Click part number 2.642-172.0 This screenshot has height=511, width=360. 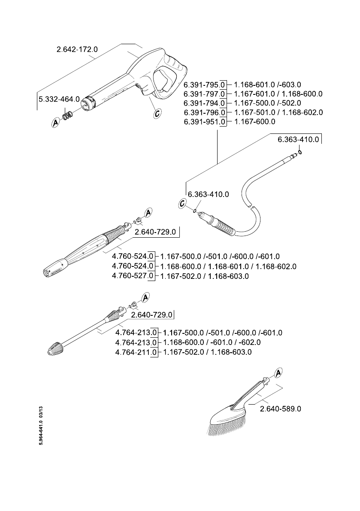coord(77,49)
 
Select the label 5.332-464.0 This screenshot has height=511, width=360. coord(59,99)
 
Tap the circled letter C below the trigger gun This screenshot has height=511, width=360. coord(157,113)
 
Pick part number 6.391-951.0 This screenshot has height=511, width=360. coord(205,121)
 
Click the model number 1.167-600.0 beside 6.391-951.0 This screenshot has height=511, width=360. coord(255,121)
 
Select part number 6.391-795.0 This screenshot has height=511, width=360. coord(205,85)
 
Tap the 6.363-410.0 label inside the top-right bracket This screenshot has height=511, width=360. coord(298,139)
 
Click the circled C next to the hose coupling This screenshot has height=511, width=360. coord(182,204)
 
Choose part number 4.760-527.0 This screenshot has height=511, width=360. coord(133,276)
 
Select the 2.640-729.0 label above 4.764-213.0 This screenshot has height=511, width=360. coord(151,315)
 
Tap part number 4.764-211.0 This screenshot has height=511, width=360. coord(136,352)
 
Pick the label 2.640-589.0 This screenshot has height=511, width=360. coord(281,408)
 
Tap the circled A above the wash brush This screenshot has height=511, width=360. coord(278,372)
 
